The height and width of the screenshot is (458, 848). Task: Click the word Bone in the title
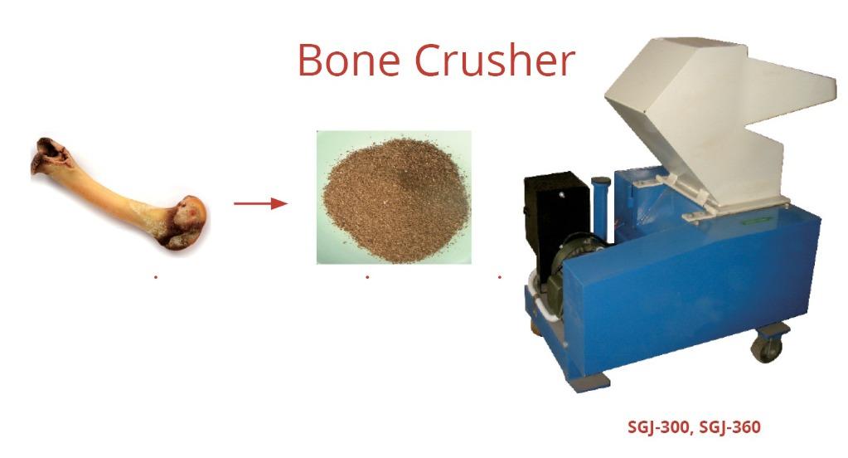(349, 60)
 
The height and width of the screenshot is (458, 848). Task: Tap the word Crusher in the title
(495, 60)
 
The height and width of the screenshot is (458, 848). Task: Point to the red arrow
(260, 203)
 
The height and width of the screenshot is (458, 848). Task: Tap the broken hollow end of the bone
(51, 155)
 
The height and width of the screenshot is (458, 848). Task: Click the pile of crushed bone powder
(396, 200)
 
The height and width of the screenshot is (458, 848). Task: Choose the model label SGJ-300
(658, 427)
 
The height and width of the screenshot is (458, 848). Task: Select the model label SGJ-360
(730, 427)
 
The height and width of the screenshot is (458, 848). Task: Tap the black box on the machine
(556, 217)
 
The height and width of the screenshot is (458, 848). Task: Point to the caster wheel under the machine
(768, 347)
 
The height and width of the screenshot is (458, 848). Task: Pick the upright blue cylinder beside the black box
(600, 208)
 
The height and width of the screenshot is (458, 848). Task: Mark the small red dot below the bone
(156, 277)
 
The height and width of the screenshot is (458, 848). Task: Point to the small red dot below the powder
(367, 277)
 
